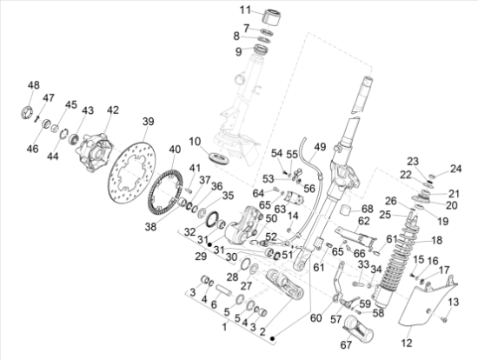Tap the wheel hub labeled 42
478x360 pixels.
click(93, 151)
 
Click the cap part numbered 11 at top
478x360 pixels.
click(272, 18)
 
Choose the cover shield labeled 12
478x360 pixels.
click(427, 302)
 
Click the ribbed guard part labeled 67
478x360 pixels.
click(359, 329)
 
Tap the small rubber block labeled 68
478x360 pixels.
click(346, 210)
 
